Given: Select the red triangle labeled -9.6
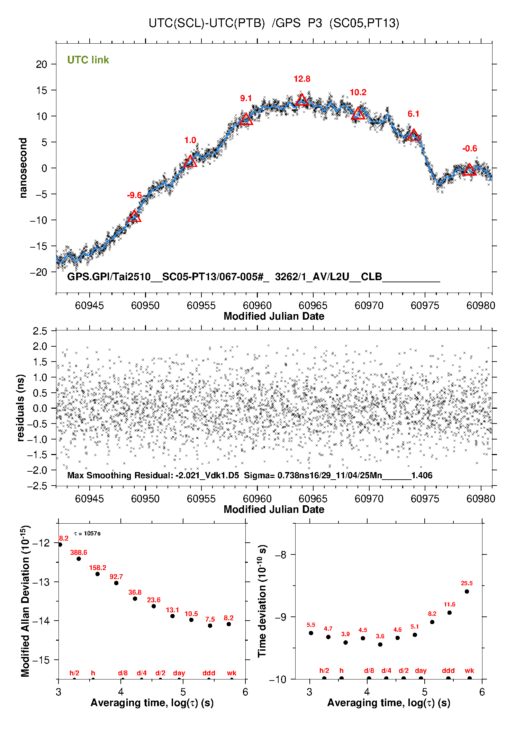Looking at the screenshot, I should [x=134, y=217].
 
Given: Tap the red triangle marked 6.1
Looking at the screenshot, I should [x=414, y=135].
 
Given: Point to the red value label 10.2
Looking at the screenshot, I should [x=358, y=92].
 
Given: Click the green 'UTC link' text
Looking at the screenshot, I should [x=88, y=60].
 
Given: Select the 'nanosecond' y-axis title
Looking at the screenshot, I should [x=23, y=168].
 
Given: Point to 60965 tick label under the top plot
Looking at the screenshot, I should [x=313, y=305].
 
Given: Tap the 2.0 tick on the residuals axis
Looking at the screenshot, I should [x=40, y=346].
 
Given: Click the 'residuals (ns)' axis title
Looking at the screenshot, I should [x=21, y=408].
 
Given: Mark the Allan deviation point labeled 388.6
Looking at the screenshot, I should [x=79, y=559].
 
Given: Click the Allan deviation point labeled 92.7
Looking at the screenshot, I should [x=116, y=583].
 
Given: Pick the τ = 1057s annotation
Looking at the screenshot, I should [x=87, y=533].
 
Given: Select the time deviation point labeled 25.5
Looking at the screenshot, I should [x=467, y=592].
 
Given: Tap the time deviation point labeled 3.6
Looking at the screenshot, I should [x=380, y=644].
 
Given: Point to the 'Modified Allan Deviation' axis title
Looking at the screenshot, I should [x=25, y=601].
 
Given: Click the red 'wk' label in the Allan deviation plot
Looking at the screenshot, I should [x=232, y=673].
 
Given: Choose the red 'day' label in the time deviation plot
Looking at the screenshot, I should [x=421, y=670].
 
